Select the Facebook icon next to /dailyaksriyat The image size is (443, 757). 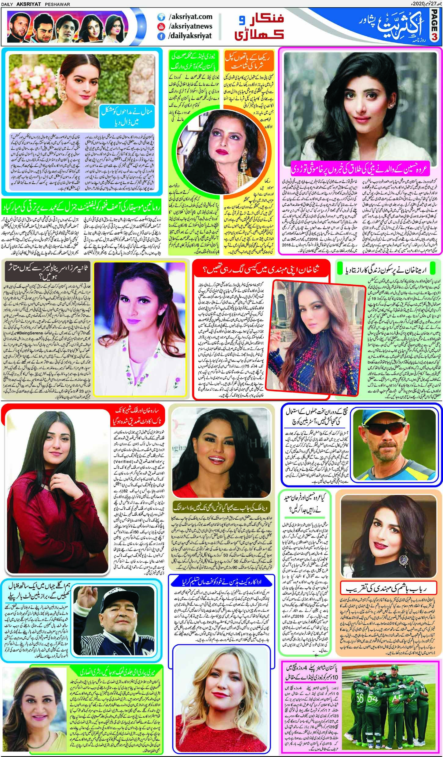pos(160,36)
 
